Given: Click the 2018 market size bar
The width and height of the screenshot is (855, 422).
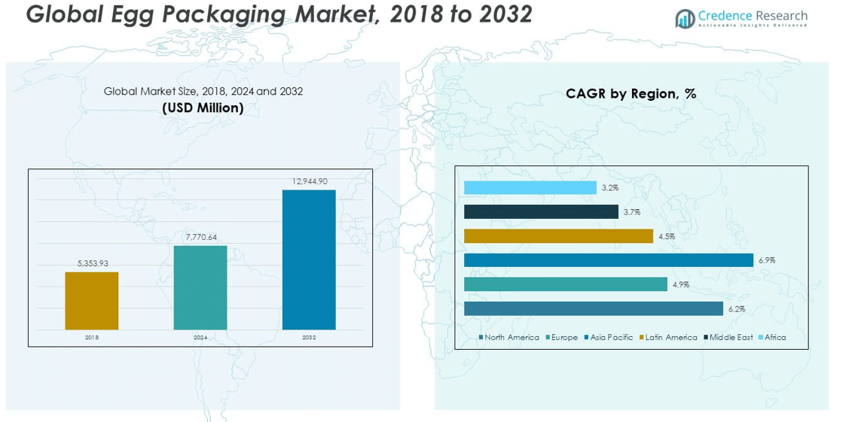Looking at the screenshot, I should pyautogui.click(x=91, y=300).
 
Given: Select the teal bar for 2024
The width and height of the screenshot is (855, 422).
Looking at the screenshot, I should pyautogui.click(x=200, y=287).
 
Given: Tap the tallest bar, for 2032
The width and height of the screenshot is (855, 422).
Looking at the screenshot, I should pyautogui.click(x=309, y=260).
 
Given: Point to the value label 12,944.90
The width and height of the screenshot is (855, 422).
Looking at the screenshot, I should pyautogui.click(x=310, y=181).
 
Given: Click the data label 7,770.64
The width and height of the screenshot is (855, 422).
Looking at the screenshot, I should pyautogui.click(x=201, y=237).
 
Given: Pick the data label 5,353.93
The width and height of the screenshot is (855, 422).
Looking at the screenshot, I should pyautogui.click(x=93, y=263).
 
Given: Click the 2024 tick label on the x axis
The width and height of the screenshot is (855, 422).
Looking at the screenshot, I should pyautogui.click(x=200, y=338).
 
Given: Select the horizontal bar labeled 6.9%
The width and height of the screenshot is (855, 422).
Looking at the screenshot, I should pyautogui.click(x=608, y=260).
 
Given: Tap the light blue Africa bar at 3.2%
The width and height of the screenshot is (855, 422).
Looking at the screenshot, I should pyautogui.click(x=530, y=188).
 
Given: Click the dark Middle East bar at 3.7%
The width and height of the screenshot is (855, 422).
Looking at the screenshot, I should pyautogui.click(x=541, y=212).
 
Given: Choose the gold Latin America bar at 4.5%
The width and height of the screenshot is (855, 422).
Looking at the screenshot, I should pyautogui.click(x=558, y=236).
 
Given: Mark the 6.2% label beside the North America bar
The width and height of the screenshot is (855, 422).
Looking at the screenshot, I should pyautogui.click(x=736, y=309).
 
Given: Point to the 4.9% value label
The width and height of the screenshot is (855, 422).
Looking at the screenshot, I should pyautogui.click(x=680, y=284).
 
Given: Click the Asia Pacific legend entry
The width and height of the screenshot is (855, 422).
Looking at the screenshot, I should pyautogui.click(x=611, y=338).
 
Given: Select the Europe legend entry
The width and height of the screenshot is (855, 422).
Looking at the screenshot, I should pyautogui.click(x=563, y=338).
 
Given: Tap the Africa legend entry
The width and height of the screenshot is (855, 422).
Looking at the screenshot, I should pyautogui.click(x=774, y=338).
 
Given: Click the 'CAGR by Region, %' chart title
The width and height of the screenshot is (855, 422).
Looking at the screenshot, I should pyautogui.click(x=631, y=94).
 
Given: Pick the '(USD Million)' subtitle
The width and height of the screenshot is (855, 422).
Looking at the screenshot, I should pyautogui.click(x=203, y=108).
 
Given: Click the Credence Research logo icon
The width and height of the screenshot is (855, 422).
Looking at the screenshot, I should pyautogui.click(x=685, y=18).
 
